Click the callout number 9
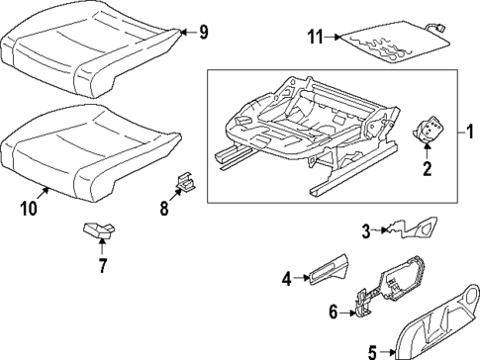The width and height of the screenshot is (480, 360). pyautogui.click(x=203, y=33)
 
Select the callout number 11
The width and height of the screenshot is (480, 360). pyautogui.click(x=316, y=39)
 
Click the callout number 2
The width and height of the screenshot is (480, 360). pyautogui.click(x=428, y=169)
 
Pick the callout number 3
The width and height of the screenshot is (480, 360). pyautogui.click(x=365, y=231)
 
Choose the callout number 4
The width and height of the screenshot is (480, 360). pyautogui.click(x=287, y=280)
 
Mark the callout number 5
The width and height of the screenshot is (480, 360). pyautogui.click(x=372, y=349)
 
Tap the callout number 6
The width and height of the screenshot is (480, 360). pyautogui.click(x=333, y=313)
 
